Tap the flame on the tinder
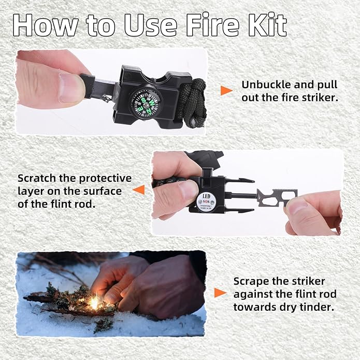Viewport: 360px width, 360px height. [x=95, y=302]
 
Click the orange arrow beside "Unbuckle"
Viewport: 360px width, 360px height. [x=226, y=91]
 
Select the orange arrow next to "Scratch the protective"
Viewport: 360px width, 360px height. [x=138, y=190]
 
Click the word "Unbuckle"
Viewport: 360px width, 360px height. [x=264, y=84]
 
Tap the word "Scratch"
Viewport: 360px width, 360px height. [x=37, y=178]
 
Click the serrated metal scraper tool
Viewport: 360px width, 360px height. [x=277, y=197]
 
